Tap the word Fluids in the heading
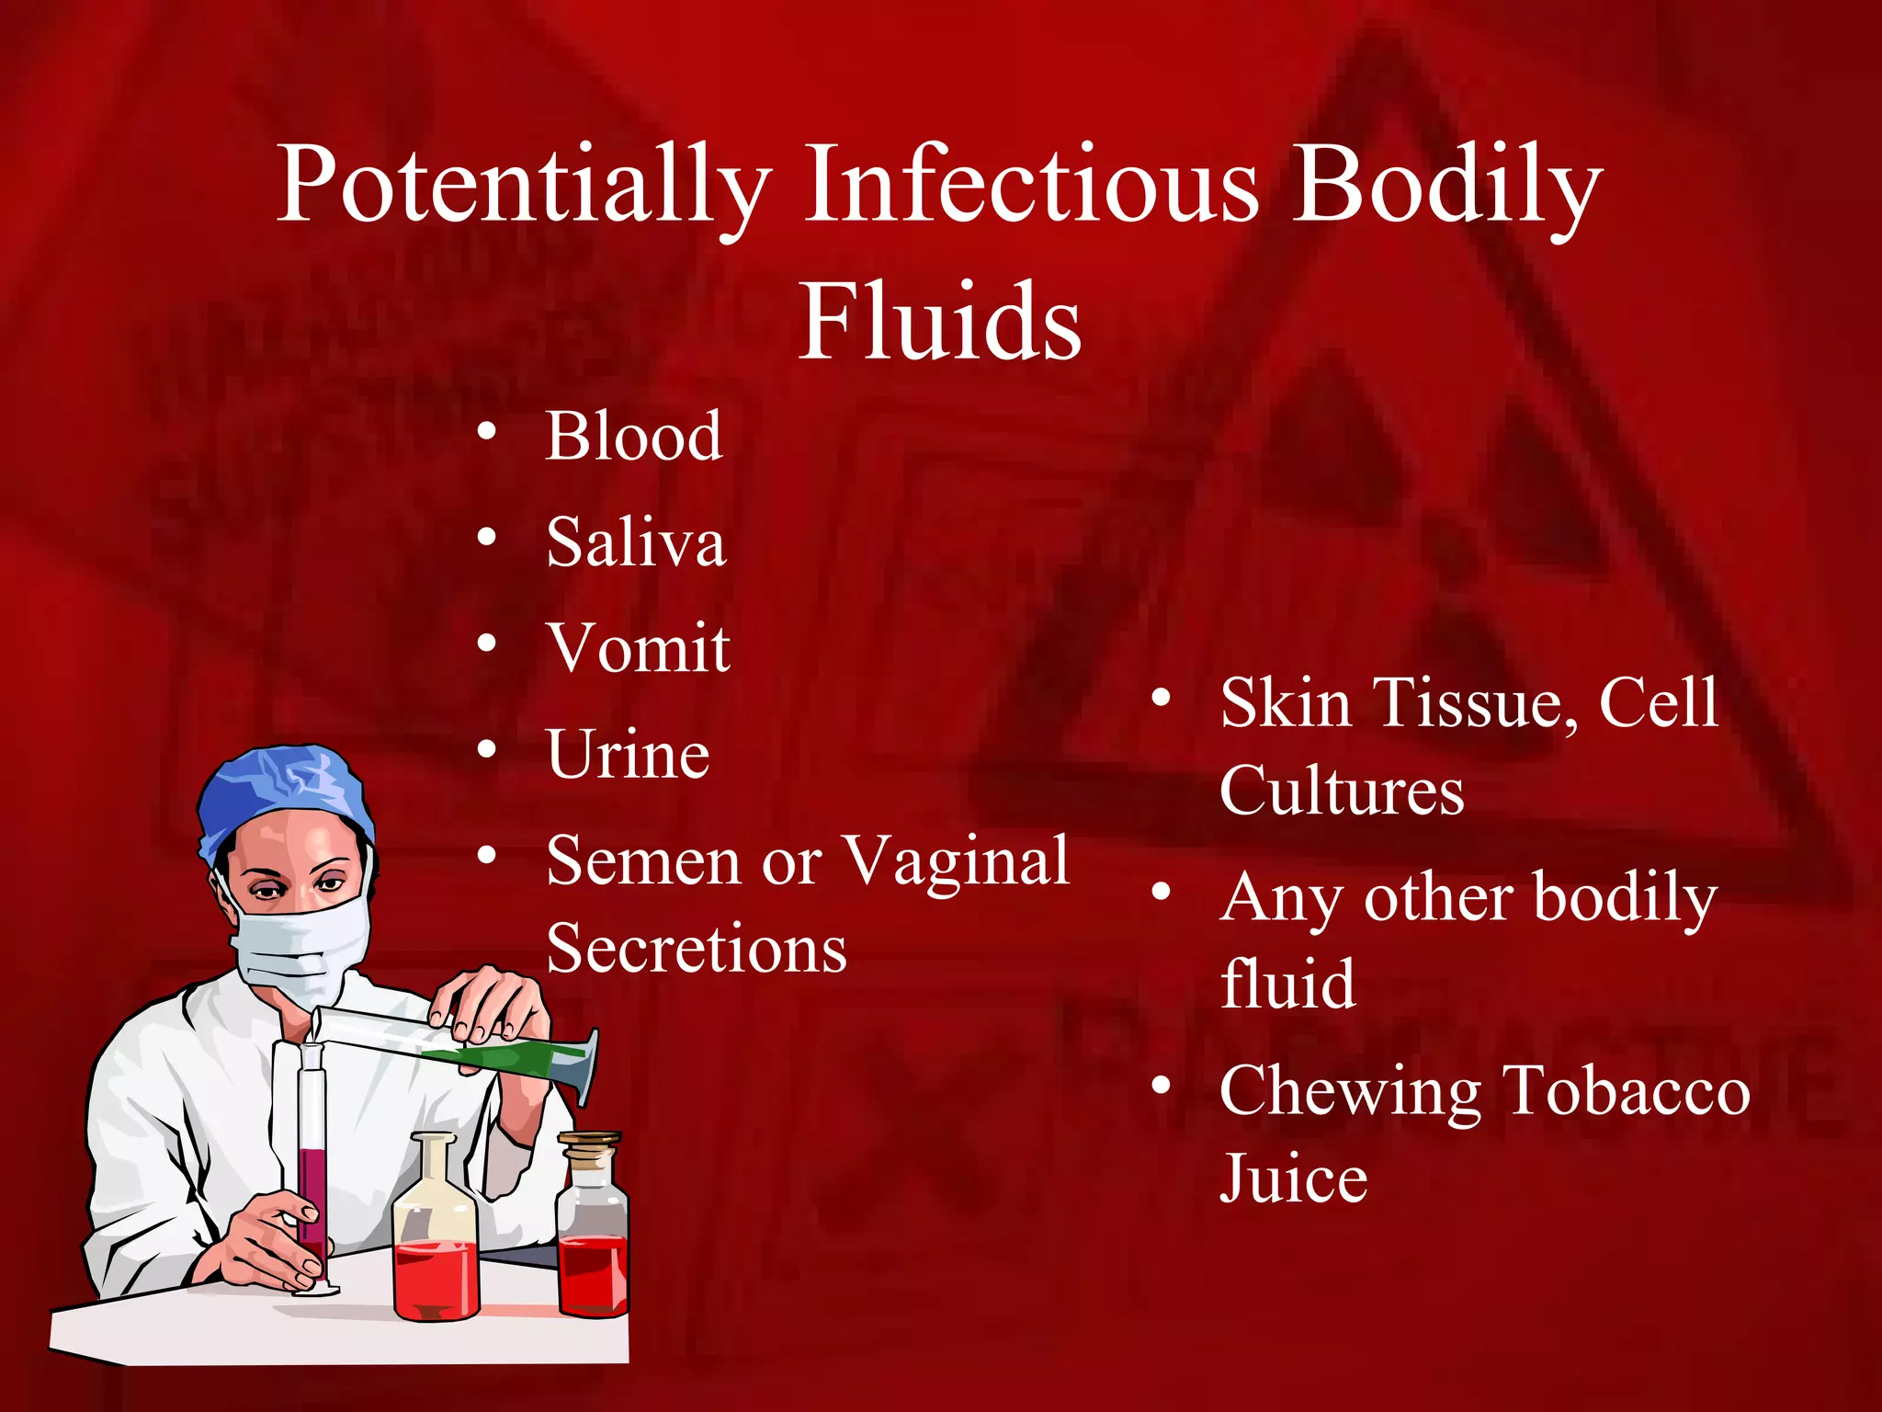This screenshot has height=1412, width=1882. coord(939,322)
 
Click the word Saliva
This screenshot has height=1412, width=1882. coord(636,542)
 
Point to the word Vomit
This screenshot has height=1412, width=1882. coord(639,648)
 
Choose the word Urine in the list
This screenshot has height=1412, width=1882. coord(628,755)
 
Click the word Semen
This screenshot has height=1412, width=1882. coord(643,862)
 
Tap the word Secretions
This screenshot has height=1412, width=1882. coord(697,949)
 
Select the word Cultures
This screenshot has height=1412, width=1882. coord(1342,791)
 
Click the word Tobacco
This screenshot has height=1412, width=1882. coord(1627,1091)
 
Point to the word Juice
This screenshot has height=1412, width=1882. coord(1294,1179)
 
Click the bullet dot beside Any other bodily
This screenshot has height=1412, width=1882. coord(1162,892)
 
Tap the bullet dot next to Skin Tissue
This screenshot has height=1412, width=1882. coord(1162,699)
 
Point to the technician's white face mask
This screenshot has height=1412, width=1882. coord(299,947)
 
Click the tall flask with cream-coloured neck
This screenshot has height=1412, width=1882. coord(436,1232)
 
